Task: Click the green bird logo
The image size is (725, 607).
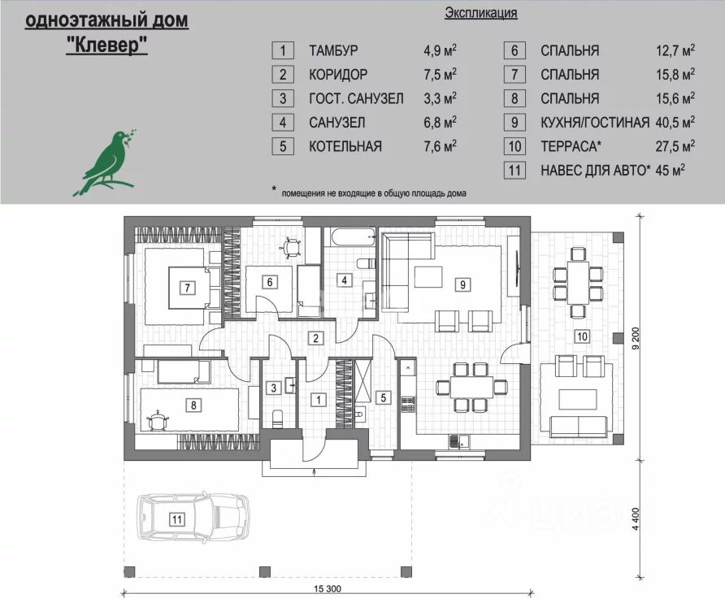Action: coord(107,161)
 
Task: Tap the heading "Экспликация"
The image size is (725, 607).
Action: coord(480,13)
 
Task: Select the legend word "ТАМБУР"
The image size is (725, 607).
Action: coord(333,50)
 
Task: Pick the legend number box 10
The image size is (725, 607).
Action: coord(514,147)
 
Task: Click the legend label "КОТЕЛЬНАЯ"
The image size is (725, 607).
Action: coord(345,147)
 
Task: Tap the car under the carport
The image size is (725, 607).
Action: coord(193,518)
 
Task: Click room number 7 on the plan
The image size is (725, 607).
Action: coord(187,287)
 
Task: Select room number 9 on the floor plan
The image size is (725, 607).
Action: coord(462,284)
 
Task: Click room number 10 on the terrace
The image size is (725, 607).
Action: coord(580,335)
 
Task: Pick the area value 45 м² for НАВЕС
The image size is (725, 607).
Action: coord(671,171)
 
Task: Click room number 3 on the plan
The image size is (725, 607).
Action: coord(275,388)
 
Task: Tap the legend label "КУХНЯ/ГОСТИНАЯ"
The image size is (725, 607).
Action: coord(594,123)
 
